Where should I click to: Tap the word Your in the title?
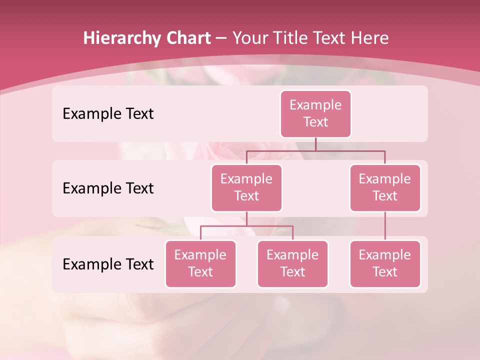250,38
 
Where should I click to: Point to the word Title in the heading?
290,38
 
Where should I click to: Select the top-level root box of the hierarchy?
315,113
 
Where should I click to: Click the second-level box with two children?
246,187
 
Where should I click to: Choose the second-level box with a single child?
385,187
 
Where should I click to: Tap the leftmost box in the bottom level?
200,263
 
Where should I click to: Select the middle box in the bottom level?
292,263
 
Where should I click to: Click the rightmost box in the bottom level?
385,263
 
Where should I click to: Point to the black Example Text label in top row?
108,114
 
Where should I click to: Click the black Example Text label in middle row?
108,188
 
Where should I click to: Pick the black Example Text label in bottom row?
108,264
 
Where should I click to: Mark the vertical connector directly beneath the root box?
315,144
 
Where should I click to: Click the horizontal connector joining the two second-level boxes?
315,150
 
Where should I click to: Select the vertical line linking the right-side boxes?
385,225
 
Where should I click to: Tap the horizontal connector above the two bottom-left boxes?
246,226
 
